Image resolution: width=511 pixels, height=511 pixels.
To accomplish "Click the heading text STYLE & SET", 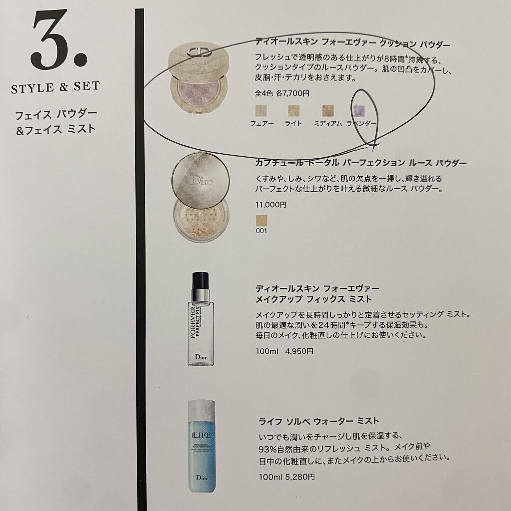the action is pyautogui.click(x=55, y=87).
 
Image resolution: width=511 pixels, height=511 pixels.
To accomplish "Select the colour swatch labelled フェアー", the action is pyautogui.click(x=261, y=111).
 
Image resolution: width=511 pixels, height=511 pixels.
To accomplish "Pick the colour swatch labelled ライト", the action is pyautogui.click(x=293, y=111).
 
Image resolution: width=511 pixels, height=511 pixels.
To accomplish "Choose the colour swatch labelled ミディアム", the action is pyautogui.click(x=328, y=111).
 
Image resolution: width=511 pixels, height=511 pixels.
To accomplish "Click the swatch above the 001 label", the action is pyautogui.click(x=261, y=221).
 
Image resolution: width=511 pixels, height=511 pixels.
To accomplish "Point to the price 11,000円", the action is pyautogui.click(x=271, y=205).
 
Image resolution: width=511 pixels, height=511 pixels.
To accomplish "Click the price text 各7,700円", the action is pyautogui.click(x=292, y=93).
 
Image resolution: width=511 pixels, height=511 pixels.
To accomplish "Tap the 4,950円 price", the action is pyautogui.click(x=299, y=351).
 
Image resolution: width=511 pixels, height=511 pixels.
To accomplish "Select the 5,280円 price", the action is pyautogui.click(x=300, y=477).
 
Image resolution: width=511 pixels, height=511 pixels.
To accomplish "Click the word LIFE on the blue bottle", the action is pyautogui.click(x=202, y=435).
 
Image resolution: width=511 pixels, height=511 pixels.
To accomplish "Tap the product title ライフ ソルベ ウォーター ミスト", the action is pyautogui.click(x=319, y=421).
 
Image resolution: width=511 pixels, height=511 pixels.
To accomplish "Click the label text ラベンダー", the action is pyautogui.click(x=361, y=123).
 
